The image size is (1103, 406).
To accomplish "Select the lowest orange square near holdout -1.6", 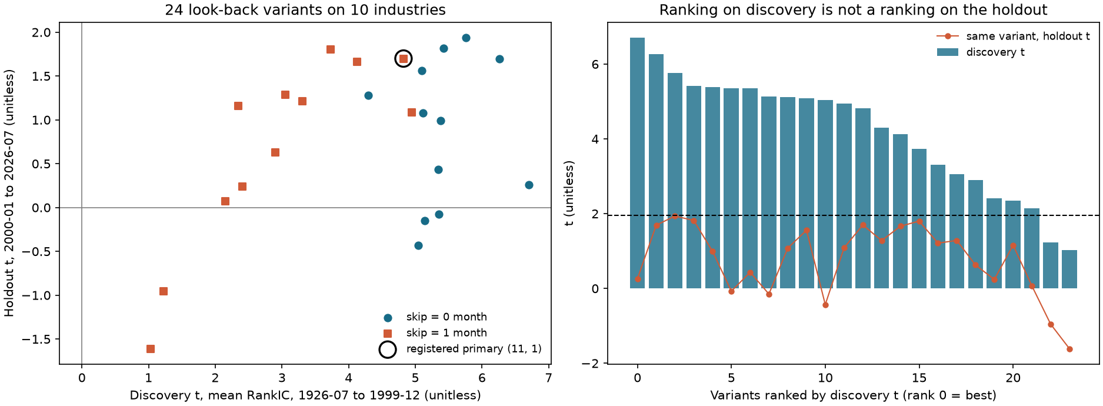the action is point(151,349).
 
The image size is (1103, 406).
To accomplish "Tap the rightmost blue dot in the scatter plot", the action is point(529,185).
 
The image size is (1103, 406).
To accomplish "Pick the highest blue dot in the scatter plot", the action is point(466,38).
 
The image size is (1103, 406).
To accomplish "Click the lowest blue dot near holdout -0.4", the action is point(418,245).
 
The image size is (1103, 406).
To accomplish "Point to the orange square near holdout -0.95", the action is point(164,291).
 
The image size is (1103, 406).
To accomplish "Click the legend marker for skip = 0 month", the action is point(388,318).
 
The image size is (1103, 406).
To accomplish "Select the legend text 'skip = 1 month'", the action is point(446,333).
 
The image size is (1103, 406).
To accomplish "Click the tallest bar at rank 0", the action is point(637,163).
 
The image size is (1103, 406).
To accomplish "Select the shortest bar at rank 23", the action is point(1069,269).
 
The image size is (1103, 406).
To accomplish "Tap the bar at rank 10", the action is point(825,194).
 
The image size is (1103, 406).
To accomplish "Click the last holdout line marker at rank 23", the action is point(1069,349).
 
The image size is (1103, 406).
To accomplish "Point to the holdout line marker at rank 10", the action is point(825,305).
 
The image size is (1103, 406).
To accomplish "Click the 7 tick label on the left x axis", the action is point(548,378).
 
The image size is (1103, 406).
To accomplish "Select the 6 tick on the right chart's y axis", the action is point(595,64).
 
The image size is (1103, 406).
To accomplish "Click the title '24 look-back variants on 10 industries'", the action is point(305,10).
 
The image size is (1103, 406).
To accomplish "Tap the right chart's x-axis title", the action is point(853,395).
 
